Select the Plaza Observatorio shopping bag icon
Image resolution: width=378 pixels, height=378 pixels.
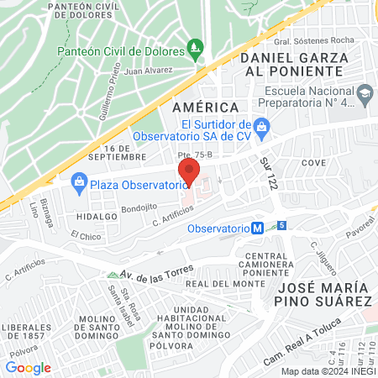[79, 181]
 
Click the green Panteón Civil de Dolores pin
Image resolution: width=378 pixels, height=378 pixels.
[195, 47]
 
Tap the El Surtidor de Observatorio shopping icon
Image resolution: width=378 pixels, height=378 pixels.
[261, 125]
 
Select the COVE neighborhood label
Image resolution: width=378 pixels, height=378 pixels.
[312, 161]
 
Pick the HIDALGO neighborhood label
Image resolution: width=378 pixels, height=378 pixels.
[95, 216]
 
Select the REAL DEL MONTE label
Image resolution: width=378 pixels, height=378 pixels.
[220, 284]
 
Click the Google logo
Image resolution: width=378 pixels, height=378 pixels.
[28, 367]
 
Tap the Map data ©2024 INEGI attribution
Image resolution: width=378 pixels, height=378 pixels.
[327, 371]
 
